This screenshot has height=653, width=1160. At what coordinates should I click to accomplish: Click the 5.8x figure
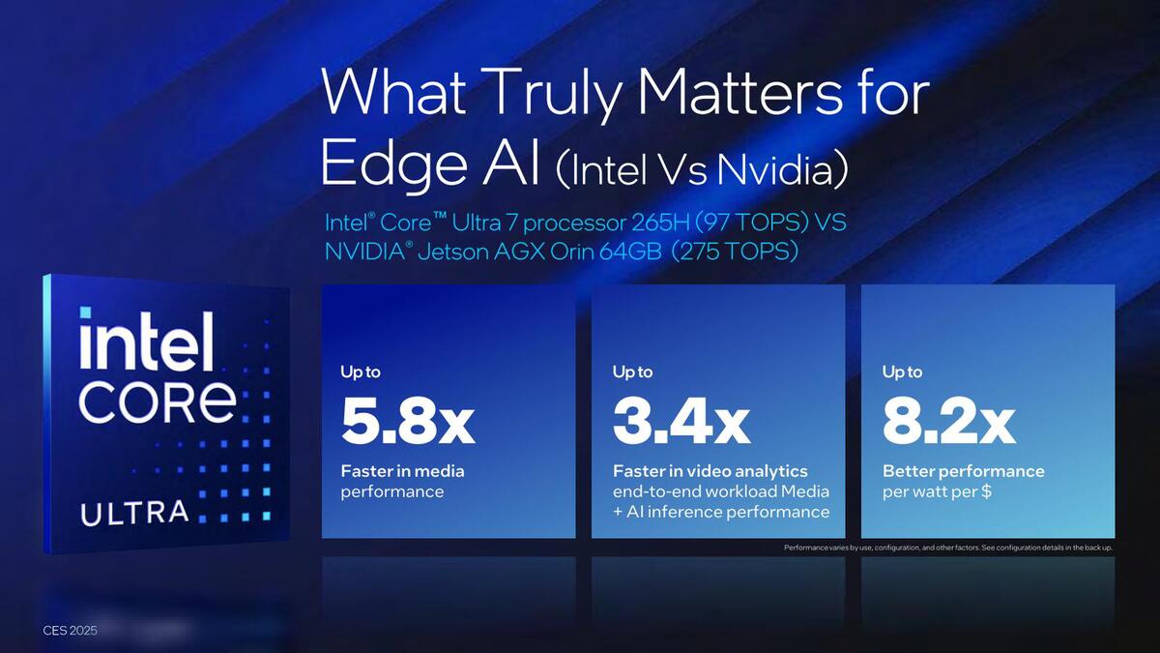(408, 423)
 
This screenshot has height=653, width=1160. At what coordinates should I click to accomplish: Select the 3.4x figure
(681, 423)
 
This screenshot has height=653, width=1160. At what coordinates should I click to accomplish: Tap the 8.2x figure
(948, 423)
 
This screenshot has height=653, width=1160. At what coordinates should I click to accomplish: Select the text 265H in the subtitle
(661, 223)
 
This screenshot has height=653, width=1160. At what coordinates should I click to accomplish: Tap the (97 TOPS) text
(752, 223)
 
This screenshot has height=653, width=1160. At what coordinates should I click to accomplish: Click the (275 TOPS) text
(735, 252)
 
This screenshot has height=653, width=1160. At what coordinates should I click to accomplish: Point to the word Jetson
(453, 252)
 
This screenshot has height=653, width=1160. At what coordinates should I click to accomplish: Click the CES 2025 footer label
(70, 630)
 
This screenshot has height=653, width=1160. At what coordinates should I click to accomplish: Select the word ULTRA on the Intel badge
(134, 513)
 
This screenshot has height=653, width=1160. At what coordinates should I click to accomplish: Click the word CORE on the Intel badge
(158, 402)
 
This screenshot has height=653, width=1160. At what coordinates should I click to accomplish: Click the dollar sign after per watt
(987, 491)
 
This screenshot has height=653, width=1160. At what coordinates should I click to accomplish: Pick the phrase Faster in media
(402, 471)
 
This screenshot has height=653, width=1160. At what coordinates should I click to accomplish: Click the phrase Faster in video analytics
(710, 471)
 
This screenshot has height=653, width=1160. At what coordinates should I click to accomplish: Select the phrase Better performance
(963, 472)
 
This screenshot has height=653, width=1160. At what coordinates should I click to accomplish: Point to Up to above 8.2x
(902, 372)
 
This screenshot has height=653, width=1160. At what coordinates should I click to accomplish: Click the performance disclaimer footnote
(947, 548)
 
